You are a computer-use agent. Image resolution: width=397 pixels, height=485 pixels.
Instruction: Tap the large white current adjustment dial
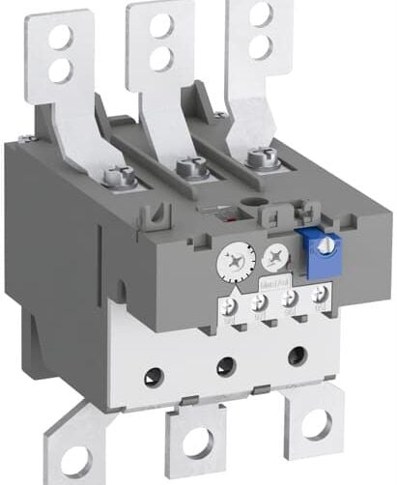[235, 259]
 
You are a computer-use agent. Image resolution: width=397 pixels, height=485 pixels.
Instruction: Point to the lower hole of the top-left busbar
[60, 70]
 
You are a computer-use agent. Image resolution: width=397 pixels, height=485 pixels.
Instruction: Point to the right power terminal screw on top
[257, 157]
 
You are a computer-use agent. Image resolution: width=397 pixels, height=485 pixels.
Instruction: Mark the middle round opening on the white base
[225, 364]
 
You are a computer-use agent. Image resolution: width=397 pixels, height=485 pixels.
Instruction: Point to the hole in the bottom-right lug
[316, 425]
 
